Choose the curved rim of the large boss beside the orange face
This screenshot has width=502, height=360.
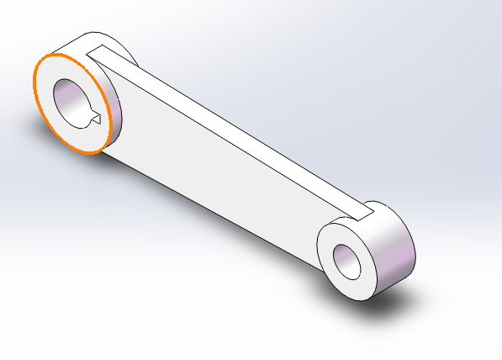pos(114,114)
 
